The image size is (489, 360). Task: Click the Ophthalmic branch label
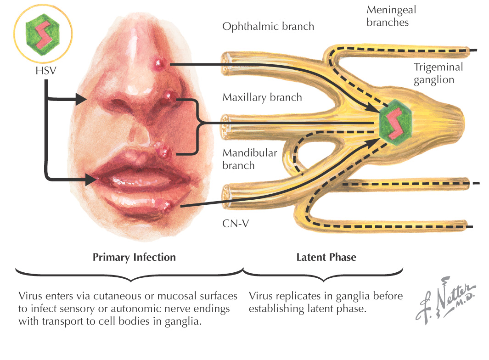click(x=268, y=26)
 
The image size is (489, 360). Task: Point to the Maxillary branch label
click(x=262, y=97)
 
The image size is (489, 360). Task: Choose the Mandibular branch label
click(x=250, y=159)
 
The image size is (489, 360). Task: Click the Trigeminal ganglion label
click(x=438, y=73)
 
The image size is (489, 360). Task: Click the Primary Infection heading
click(x=134, y=257)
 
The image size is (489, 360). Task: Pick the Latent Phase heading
click(x=326, y=257)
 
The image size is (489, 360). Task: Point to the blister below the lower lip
click(x=171, y=207)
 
